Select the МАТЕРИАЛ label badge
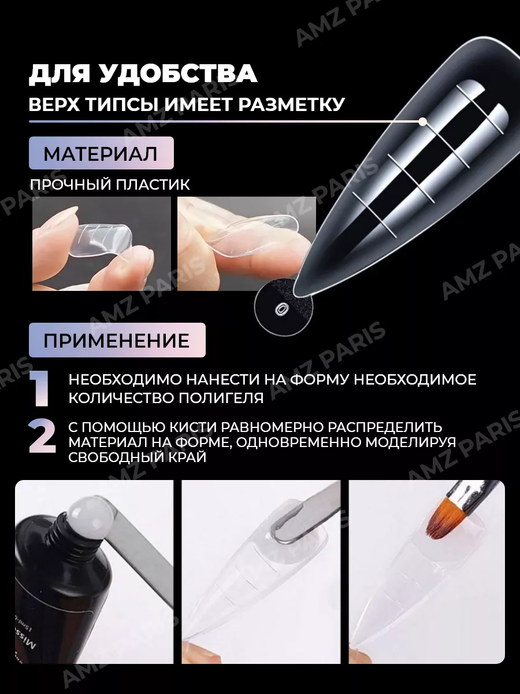click(x=101, y=153)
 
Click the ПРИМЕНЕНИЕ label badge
click(x=117, y=340)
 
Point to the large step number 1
click(x=40, y=389)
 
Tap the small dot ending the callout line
click(x=423, y=121)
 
